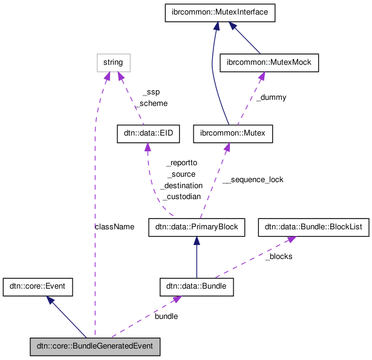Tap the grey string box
113,62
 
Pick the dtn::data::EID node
148,134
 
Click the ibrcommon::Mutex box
233,134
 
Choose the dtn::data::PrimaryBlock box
197,227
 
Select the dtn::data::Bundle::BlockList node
313,227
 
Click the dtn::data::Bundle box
197,286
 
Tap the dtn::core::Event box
38,286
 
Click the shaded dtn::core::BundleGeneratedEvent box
96,347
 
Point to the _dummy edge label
271,97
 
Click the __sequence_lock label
253,180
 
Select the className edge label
114,226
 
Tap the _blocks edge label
279,257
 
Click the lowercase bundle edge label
166,316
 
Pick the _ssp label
151,93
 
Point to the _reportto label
181,163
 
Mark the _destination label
181,186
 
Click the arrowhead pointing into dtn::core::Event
51,299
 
